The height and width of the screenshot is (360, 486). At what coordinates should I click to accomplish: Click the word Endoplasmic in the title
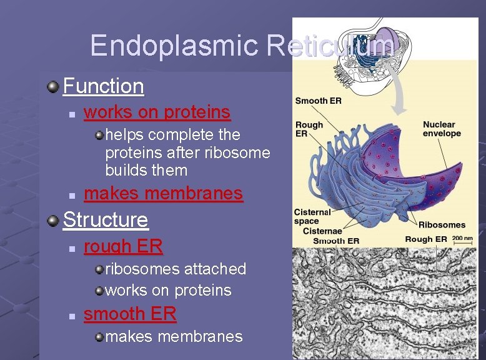click(x=174, y=46)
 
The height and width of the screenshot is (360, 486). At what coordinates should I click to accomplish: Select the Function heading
click(x=104, y=86)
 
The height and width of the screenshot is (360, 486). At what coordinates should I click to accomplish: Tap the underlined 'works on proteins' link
click(x=157, y=112)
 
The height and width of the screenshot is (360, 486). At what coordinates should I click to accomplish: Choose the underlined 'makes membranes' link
click(x=163, y=194)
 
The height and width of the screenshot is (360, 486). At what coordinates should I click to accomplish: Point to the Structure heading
click(x=106, y=220)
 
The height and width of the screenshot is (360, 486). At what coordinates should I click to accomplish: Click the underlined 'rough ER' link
click(x=123, y=247)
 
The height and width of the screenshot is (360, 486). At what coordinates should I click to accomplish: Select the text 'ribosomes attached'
click(x=176, y=269)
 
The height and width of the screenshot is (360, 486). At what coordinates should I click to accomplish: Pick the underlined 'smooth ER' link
click(x=130, y=314)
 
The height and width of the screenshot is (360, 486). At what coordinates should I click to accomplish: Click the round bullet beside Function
click(x=54, y=86)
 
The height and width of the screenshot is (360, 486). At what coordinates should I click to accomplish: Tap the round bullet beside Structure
click(x=54, y=220)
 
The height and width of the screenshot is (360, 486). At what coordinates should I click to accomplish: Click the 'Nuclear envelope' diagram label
click(x=441, y=129)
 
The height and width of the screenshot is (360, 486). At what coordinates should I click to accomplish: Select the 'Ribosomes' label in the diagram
click(x=442, y=225)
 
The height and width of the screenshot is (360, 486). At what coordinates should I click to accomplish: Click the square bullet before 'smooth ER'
click(x=72, y=315)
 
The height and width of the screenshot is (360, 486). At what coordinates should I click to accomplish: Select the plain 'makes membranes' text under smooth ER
click(x=174, y=337)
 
